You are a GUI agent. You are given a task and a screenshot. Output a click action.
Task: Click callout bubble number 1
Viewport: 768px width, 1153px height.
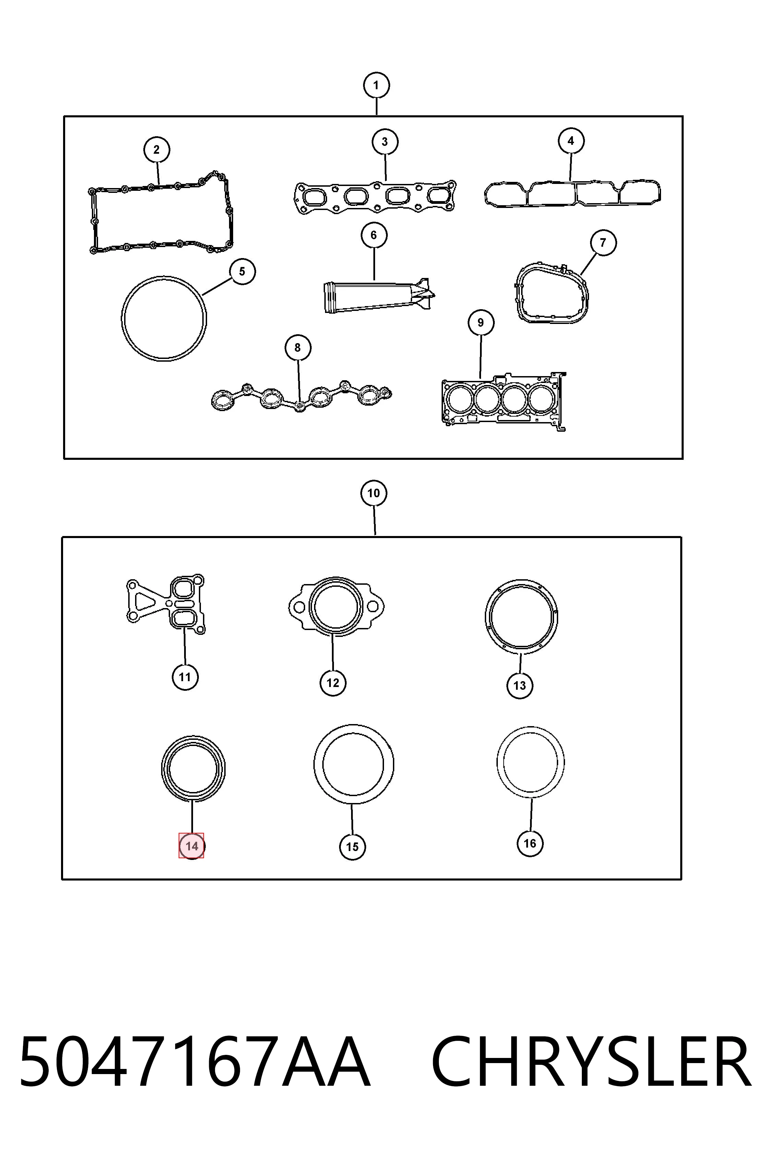pyautogui.click(x=376, y=85)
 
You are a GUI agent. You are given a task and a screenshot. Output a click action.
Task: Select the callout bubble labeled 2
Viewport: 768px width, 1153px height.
pyautogui.click(x=156, y=150)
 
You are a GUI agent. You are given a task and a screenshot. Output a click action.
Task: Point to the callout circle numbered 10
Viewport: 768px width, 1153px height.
pyautogui.click(x=374, y=493)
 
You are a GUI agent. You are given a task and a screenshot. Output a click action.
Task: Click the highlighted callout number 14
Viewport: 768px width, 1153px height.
pyautogui.click(x=192, y=846)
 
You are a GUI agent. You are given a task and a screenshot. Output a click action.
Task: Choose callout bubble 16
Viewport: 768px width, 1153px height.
pyautogui.click(x=530, y=843)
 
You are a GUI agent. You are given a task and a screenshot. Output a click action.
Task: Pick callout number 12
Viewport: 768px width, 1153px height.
pyautogui.click(x=333, y=683)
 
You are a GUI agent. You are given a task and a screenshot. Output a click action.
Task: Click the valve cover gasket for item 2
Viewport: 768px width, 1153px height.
pyautogui.click(x=93, y=221)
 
